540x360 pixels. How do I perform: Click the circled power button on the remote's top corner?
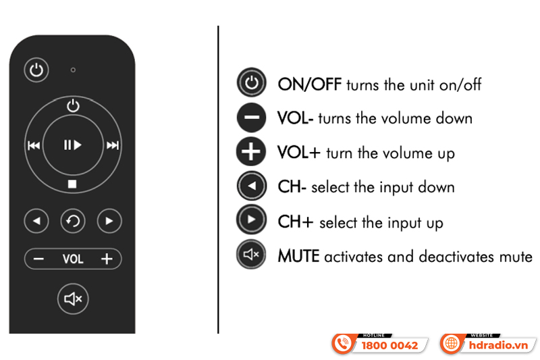(36, 70)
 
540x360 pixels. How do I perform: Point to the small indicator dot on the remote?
(73, 70)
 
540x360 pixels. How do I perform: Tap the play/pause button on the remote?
(73, 145)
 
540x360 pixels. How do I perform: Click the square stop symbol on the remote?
(72, 184)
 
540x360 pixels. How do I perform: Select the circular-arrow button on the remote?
(73, 221)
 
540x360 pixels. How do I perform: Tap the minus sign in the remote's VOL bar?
(38, 259)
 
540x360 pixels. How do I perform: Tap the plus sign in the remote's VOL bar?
(107, 259)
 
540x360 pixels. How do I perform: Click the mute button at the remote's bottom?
(73, 299)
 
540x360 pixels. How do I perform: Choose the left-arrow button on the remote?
(36, 221)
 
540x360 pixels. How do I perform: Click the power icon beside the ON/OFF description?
(251, 82)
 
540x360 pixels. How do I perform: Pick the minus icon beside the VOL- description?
(251, 118)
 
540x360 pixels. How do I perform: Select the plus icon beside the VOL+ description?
(251, 151)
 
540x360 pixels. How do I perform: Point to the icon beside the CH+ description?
(251, 220)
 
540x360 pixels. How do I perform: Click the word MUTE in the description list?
(298, 256)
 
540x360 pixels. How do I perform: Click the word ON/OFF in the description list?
(310, 84)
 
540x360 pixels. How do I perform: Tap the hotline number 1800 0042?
(389, 345)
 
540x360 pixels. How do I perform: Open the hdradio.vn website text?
(498, 345)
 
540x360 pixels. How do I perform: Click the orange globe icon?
(451, 344)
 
